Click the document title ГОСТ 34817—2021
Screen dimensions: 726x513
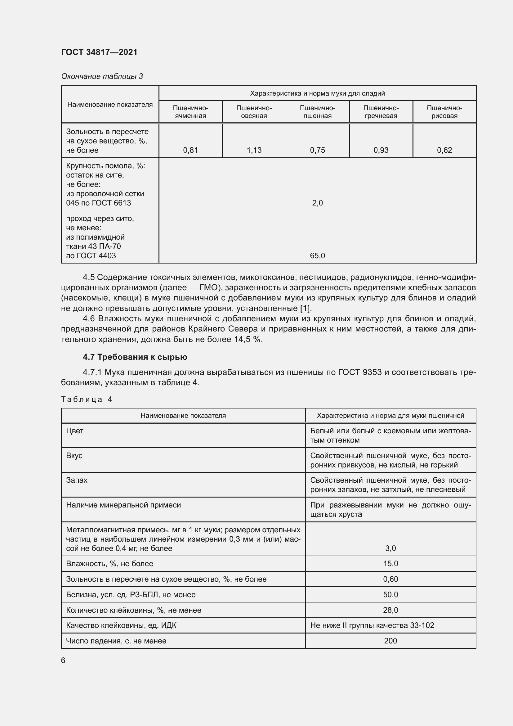(x=99, y=52)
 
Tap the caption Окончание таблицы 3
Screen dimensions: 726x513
(x=102, y=76)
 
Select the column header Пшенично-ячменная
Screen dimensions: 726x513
(x=190, y=112)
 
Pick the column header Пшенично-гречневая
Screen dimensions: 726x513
(x=381, y=112)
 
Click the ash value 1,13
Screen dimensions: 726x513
(x=254, y=150)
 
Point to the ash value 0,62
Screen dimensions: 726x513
(x=444, y=150)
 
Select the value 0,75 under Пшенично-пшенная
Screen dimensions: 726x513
(x=317, y=150)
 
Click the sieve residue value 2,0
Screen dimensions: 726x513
(x=317, y=203)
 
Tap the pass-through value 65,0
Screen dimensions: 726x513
(x=317, y=255)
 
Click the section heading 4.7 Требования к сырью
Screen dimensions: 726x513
(x=135, y=357)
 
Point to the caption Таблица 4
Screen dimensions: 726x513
(x=87, y=399)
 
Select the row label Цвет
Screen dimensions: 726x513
(x=75, y=431)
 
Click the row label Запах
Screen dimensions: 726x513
(x=77, y=480)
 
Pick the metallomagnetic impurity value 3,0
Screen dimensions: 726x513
(x=390, y=548)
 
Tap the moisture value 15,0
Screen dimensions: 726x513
(x=390, y=563)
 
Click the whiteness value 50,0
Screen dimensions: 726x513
(x=390, y=594)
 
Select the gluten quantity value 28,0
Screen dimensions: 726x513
(x=390, y=610)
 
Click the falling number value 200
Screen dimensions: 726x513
(x=390, y=641)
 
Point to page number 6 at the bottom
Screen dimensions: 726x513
(x=63, y=660)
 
